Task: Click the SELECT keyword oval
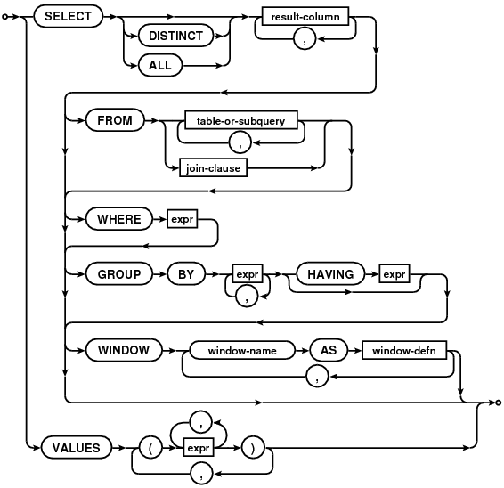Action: click(x=69, y=16)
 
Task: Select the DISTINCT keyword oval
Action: click(x=175, y=36)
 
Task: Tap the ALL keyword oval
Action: click(x=160, y=65)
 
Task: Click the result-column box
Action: click(x=305, y=16)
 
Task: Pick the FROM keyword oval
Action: click(x=115, y=120)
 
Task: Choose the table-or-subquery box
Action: click(x=241, y=120)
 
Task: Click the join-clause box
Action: click(x=213, y=167)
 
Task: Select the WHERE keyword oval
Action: click(x=119, y=219)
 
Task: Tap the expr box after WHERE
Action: click(x=183, y=219)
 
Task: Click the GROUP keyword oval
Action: click(x=119, y=274)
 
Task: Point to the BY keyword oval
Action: click(x=186, y=274)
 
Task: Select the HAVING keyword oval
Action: click(x=330, y=274)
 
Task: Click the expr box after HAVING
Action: click(x=394, y=274)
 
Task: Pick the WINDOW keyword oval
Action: click(x=124, y=350)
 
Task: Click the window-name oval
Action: click(x=242, y=350)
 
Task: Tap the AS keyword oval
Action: click(x=329, y=350)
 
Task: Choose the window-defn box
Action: click(x=404, y=350)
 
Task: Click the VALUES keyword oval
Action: click(x=77, y=448)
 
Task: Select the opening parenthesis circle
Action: click(x=150, y=448)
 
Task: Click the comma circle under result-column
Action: click(x=305, y=39)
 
